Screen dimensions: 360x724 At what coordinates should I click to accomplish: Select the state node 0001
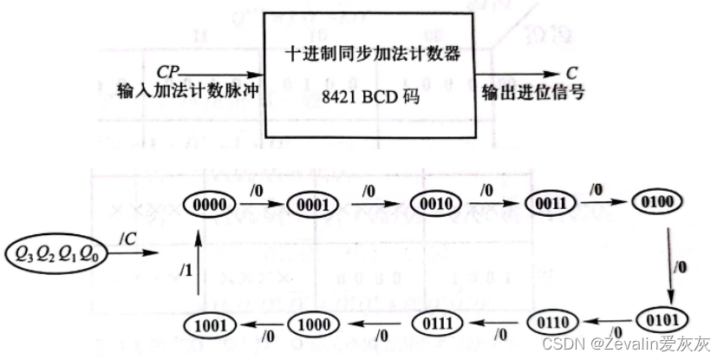311,206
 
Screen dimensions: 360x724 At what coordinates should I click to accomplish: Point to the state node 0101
667,317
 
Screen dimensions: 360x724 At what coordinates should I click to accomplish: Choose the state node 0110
553,324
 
